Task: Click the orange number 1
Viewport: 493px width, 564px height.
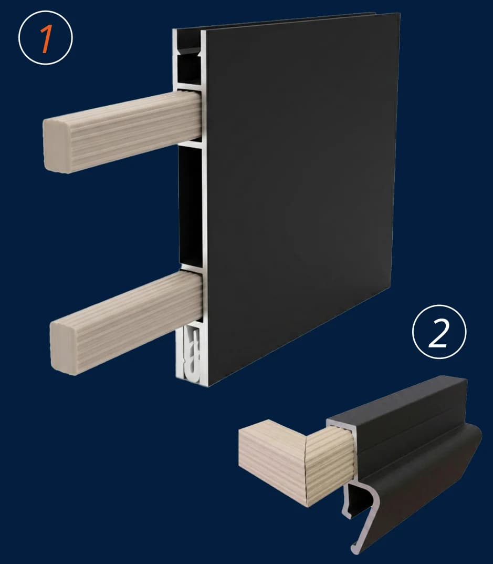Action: (46, 39)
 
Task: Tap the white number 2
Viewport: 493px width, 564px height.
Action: (439, 333)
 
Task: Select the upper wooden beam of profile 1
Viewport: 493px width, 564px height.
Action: (122, 131)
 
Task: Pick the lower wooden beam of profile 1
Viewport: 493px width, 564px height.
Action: (127, 322)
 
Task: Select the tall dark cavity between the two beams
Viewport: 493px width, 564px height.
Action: (191, 205)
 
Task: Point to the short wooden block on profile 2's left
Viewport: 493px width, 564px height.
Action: (272, 462)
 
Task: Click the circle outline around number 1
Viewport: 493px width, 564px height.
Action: (46, 11)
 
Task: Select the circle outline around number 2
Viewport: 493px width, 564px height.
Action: (439, 305)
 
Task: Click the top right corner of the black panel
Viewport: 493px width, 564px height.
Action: (400, 14)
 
